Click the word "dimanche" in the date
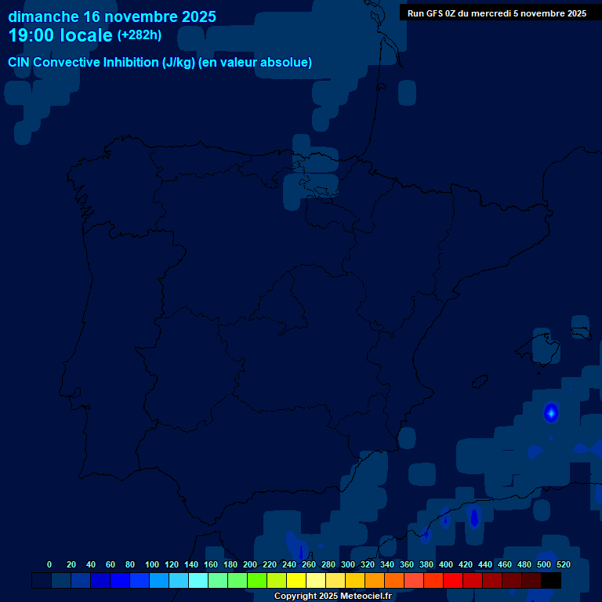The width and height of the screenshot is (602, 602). coord(43,16)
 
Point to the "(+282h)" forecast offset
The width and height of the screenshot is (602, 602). coord(140,35)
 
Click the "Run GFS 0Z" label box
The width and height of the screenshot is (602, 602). coord(497,13)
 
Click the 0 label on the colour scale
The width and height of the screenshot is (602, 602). coord(49,564)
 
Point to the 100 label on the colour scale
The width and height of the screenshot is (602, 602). coord(151,564)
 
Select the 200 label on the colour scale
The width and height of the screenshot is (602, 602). coord(249,564)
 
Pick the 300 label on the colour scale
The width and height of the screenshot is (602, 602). coord(347,564)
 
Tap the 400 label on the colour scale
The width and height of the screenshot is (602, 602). coord(445,564)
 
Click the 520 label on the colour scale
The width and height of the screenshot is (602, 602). coord(563,564)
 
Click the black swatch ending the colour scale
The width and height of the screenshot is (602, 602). coord(551,581)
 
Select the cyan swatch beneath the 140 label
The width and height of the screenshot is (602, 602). coord(198,581)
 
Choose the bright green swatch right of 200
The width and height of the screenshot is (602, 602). coord(257,581)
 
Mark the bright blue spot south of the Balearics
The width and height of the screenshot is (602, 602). coord(551,412)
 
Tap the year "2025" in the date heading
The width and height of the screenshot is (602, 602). coord(197,16)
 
